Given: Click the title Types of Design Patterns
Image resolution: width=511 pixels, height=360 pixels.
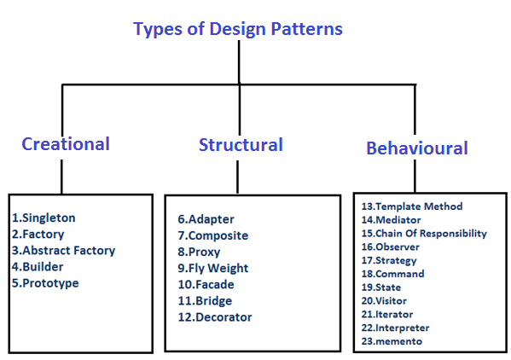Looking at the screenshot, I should (238, 29).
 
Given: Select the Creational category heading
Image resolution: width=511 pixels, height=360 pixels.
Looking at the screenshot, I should (66, 143).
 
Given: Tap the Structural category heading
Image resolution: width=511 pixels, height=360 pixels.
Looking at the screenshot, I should (241, 144).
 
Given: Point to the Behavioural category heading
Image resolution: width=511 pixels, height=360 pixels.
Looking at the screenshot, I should (417, 148).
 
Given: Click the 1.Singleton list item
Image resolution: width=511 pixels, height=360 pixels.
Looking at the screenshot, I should (44, 218).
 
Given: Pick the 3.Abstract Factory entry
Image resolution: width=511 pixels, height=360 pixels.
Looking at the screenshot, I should (64, 251).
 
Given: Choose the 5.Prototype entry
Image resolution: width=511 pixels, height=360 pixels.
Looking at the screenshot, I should (45, 283).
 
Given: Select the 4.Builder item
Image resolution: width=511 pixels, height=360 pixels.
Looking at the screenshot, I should (38, 267).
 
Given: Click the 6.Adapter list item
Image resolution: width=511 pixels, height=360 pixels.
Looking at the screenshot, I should (205, 219).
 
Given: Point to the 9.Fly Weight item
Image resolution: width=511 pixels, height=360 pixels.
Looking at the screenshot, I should (212, 268).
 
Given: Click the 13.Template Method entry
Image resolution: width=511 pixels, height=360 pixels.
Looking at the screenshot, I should (411, 206).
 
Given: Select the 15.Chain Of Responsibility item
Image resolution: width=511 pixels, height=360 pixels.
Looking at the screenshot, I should (424, 233).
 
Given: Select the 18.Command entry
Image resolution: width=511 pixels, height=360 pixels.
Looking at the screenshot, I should (393, 274).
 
